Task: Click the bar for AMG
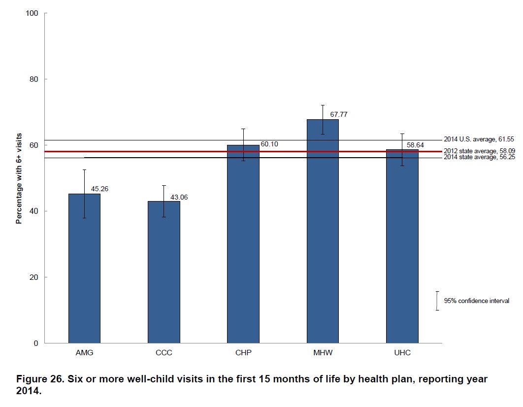pos(84,269)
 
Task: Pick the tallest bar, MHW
pos(323,232)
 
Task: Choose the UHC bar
pos(402,246)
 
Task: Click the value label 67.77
pos(339,114)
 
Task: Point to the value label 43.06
pos(179,197)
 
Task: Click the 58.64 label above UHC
pos(415,145)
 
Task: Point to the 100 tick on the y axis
pos(32,13)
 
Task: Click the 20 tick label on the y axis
pos(34,277)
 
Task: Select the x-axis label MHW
pos(323,353)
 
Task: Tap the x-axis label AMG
pos(84,353)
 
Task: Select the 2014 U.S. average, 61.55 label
pos(479,140)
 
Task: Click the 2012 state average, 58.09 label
pos(479,151)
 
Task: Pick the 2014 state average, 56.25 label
pos(479,157)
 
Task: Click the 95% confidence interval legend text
pos(476,301)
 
